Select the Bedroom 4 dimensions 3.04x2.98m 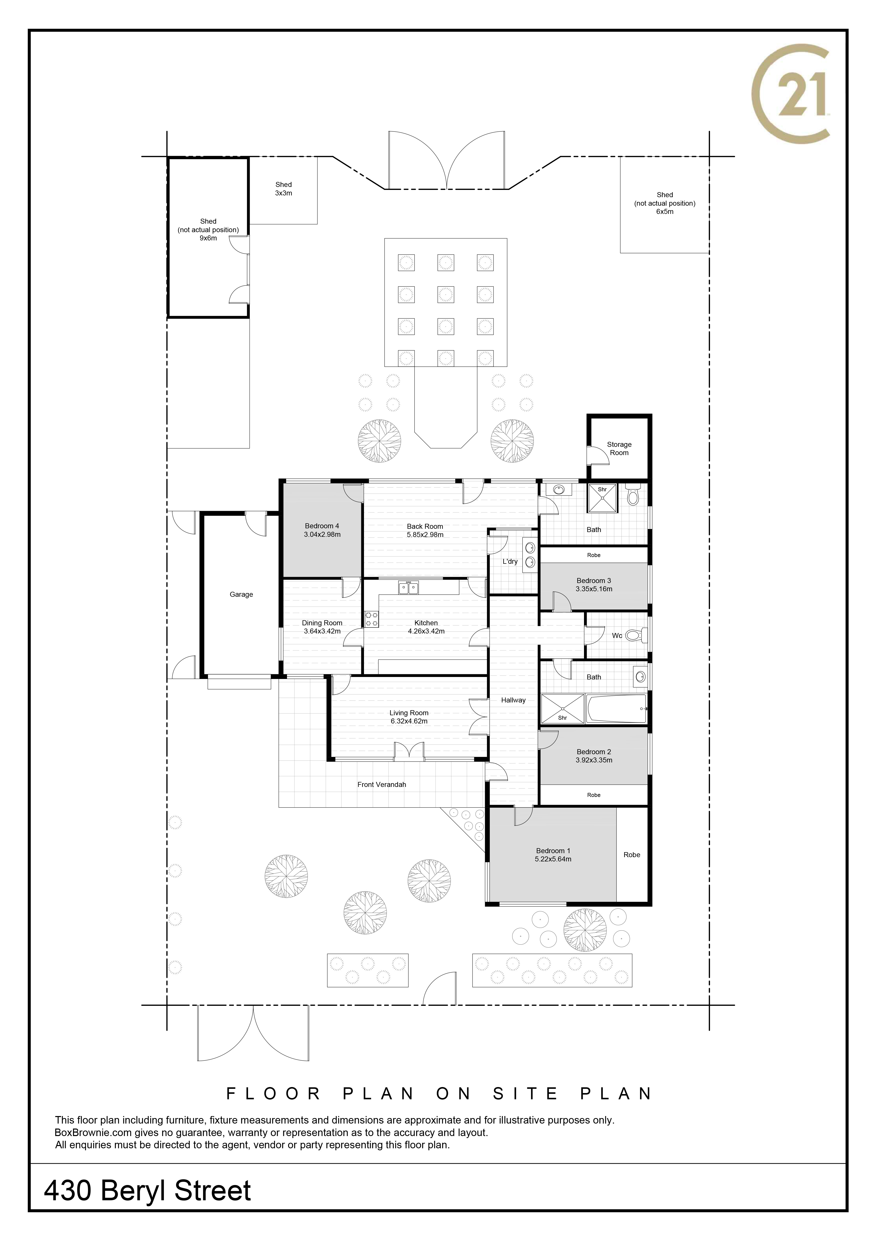tap(322, 535)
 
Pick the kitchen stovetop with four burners tap(371, 619)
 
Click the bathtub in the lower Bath tap(616, 709)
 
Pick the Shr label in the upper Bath tap(602, 489)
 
